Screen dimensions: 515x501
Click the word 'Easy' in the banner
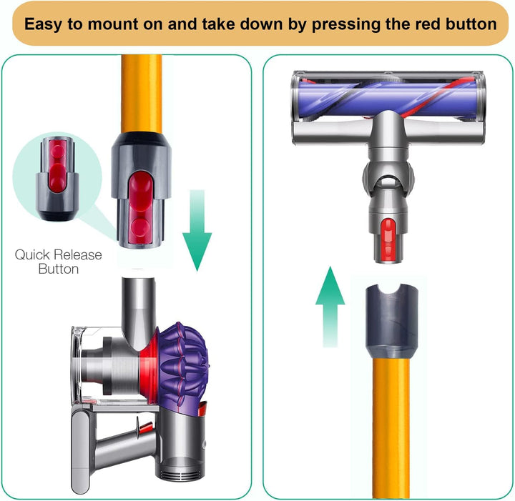click(x=44, y=24)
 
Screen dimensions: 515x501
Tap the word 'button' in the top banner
click(x=471, y=24)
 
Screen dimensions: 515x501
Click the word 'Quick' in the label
click(x=32, y=255)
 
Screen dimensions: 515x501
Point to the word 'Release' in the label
click(x=78, y=255)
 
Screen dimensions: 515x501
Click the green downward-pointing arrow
click(x=197, y=230)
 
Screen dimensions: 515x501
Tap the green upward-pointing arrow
click(x=330, y=307)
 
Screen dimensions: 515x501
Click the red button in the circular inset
click(x=58, y=165)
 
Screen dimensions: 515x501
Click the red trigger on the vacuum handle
click(x=144, y=427)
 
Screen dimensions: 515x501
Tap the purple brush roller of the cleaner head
click(x=388, y=97)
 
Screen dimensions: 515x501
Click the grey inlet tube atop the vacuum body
click(x=138, y=312)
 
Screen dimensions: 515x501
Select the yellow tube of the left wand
click(x=142, y=94)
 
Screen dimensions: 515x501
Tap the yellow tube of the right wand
click(x=391, y=428)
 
